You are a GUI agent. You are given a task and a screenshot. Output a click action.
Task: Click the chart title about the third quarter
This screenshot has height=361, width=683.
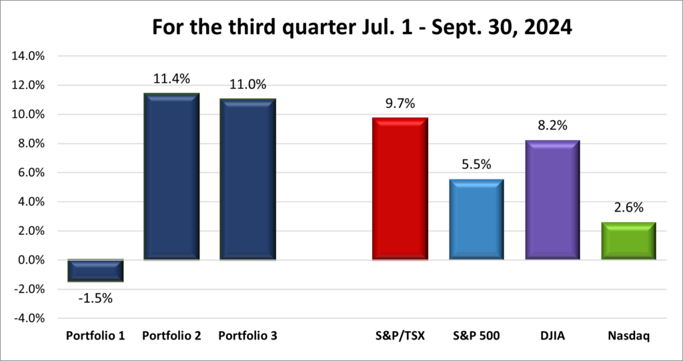tap(341, 28)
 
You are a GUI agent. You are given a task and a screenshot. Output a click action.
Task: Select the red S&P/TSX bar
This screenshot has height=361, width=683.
tap(400, 188)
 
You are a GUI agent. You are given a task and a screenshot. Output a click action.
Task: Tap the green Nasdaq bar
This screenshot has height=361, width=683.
tap(629, 241)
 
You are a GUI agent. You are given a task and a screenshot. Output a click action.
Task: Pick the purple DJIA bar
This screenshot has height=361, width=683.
tap(552, 200)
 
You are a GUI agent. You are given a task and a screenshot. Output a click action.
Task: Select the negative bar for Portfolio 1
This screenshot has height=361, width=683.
tap(95, 271)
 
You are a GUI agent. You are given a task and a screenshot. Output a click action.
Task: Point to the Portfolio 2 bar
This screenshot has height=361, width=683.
tap(171, 176)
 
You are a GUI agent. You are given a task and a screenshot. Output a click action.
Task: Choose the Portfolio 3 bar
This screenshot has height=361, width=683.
tap(247, 179)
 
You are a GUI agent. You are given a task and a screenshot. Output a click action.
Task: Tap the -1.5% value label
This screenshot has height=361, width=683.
tap(95, 298)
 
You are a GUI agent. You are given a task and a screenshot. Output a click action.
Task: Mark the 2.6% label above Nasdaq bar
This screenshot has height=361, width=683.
tap(629, 208)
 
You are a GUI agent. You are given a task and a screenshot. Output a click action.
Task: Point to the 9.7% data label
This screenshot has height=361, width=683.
tap(400, 103)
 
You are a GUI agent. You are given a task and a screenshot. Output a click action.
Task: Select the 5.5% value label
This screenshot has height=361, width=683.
tap(476, 165)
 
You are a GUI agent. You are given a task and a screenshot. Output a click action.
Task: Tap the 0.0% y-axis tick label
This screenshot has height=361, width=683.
tap(31, 260)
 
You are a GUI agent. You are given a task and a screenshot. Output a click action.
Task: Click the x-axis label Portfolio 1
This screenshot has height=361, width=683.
tap(95, 336)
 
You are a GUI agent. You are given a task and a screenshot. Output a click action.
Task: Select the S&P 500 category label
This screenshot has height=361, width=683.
tap(476, 336)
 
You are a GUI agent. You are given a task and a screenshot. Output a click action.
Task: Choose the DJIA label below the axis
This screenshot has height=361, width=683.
tap(552, 336)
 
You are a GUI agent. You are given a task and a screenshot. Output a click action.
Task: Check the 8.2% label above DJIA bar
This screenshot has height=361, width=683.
tap(552, 126)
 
